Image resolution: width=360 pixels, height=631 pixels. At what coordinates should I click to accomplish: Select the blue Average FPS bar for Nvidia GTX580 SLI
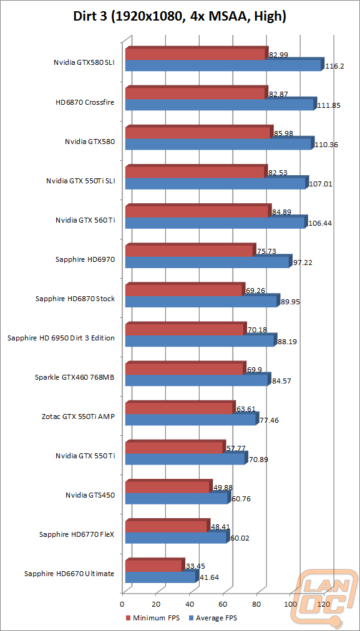click(x=224, y=65)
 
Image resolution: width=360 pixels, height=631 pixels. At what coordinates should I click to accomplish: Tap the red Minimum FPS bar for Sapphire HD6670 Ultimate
click(x=155, y=566)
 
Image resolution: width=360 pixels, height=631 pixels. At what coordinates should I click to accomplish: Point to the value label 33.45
click(x=195, y=566)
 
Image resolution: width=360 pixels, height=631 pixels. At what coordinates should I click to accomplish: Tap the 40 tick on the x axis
click(x=189, y=604)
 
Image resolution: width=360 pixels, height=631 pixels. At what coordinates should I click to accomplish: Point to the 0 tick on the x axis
click(x=122, y=604)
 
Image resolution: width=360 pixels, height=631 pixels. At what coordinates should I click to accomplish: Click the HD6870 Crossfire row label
click(x=85, y=102)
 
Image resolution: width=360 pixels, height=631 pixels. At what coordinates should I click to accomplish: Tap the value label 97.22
click(x=303, y=263)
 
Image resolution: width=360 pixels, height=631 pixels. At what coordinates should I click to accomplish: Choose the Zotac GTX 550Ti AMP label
click(x=77, y=417)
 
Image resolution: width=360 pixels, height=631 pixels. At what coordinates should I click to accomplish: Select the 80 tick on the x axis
click(x=256, y=604)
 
